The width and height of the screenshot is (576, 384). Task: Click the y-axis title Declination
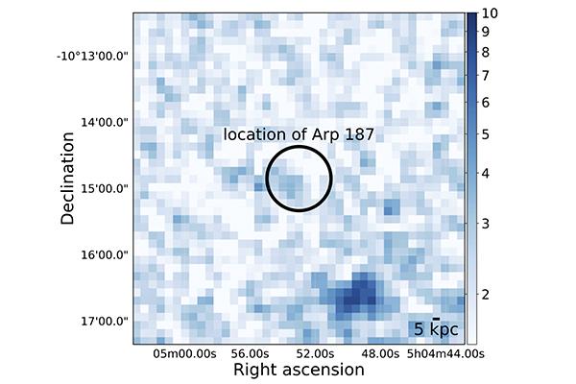pos(68,179)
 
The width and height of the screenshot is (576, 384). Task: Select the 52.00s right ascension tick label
pos(316,353)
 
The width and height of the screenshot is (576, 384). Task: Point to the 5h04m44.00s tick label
pos(434,353)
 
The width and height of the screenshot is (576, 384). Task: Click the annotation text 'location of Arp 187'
pos(298,135)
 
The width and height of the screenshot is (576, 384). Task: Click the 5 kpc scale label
pos(435,330)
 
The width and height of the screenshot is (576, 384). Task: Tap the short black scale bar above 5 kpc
pos(436,318)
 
